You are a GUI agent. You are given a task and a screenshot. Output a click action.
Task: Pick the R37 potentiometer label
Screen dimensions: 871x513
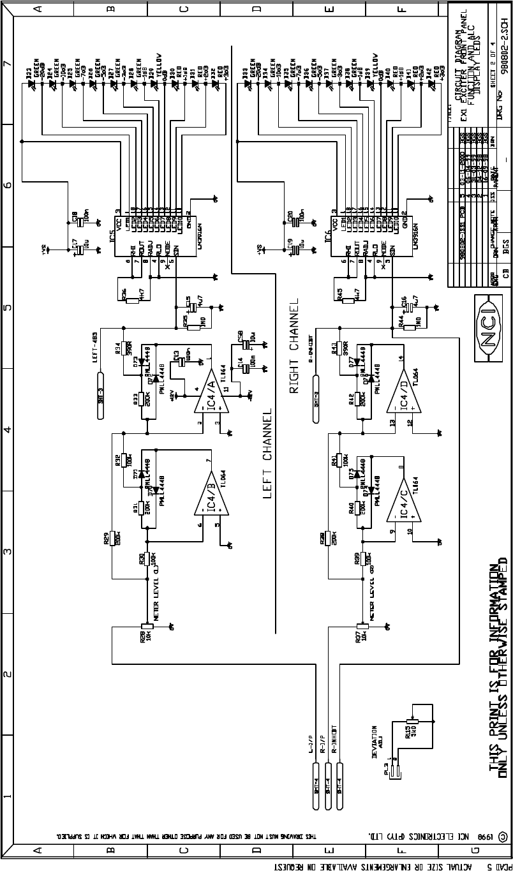(357, 636)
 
